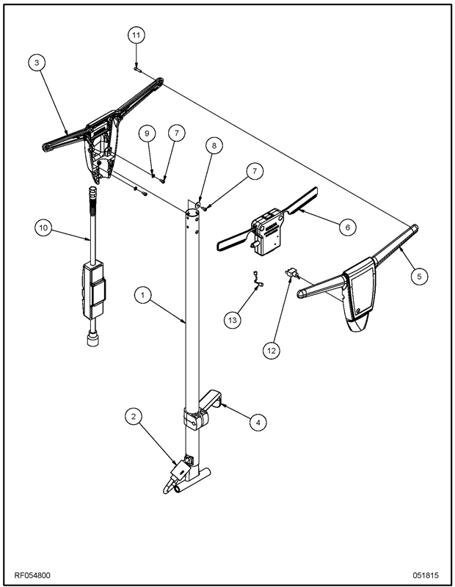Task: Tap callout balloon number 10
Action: pos(43,228)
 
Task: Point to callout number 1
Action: pos(144,295)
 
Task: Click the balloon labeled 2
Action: pos(133,417)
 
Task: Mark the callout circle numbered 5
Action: pos(419,276)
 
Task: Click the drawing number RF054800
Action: pos(33,575)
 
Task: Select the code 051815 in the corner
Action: pos(426,575)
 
